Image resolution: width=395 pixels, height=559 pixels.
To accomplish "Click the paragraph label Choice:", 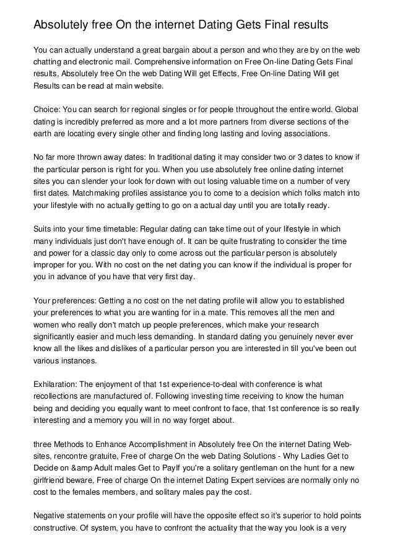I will pyautogui.click(x=49, y=109).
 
